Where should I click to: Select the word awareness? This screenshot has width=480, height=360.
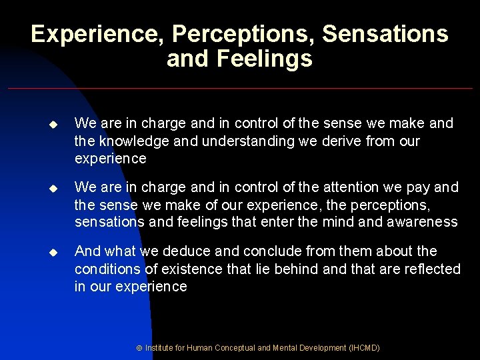pyautogui.click(x=422, y=222)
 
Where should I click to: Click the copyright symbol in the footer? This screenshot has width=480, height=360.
pyautogui.click(x=139, y=348)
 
